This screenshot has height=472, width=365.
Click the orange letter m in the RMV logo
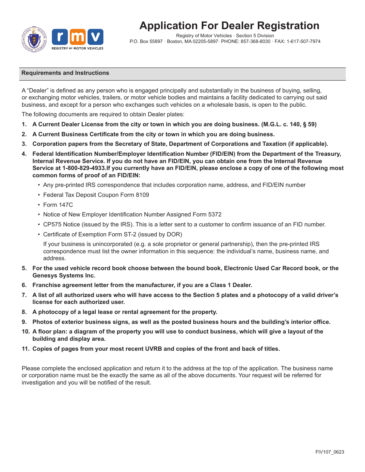(x=77, y=37)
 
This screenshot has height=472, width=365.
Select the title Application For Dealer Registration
(x=229, y=26)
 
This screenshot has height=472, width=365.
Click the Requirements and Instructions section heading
(x=65, y=73)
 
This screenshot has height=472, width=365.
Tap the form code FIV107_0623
(x=330, y=452)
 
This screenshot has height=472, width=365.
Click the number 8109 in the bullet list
(x=142, y=195)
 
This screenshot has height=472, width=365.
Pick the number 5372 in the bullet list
(x=214, y=215)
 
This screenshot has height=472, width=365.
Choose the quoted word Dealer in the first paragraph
(x=38, y=91)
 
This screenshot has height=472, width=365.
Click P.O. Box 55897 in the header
(x=146, y=41)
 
